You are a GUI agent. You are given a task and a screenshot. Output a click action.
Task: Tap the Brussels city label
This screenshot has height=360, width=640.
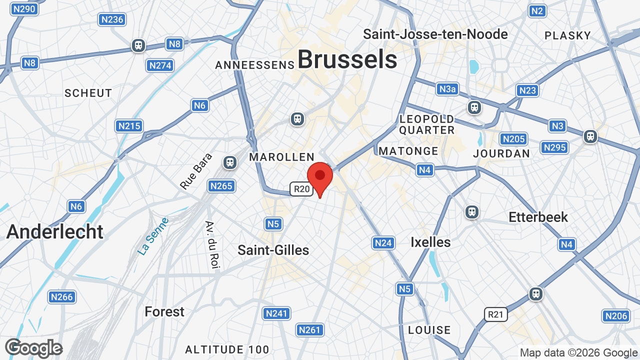pos(347,60)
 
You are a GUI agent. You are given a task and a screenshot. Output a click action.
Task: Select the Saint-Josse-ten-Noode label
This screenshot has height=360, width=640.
pos(435,34)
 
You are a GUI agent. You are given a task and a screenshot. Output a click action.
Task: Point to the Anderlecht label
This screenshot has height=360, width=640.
pos(55,231)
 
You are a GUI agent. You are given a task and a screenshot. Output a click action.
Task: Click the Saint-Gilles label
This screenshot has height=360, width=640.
pos(273,250)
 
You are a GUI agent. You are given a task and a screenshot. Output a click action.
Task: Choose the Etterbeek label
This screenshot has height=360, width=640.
pos(538,217)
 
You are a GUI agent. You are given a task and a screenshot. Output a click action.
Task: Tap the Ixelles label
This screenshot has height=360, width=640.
pos(430,242)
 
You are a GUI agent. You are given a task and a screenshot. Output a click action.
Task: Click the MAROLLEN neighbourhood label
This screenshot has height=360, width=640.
pos(281,157)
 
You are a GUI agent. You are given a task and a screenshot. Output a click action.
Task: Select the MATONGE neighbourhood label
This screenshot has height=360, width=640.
pos(408,151)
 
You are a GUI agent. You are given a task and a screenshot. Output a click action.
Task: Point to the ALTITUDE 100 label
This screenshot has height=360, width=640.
pos(227,349)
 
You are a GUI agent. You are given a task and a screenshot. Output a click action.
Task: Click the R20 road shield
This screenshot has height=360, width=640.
pos(301,189)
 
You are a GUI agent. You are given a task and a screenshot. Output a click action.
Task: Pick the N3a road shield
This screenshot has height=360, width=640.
pos(447,89)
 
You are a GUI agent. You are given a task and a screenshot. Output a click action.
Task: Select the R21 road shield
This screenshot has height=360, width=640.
pos(495,314)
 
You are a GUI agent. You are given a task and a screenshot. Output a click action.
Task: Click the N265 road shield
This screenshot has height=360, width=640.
pos(221,186)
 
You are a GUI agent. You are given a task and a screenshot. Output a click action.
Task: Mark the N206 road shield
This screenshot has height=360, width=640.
pos(615,316)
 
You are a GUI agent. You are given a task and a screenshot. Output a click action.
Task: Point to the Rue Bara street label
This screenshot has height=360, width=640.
pos(196,171)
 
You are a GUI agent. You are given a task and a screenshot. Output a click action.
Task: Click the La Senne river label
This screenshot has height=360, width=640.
pos(153,236)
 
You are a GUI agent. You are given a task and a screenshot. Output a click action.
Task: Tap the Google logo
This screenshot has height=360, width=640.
pos(33,348)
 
